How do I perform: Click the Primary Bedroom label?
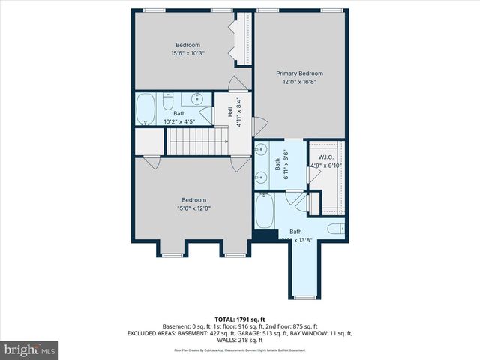pos(299,73)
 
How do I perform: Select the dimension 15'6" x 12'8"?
pos(193,209)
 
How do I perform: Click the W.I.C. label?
pos(326,157)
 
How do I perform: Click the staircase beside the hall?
pos(197,140)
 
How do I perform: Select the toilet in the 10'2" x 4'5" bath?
pos(169,100)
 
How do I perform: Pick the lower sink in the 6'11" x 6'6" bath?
pos(260,178)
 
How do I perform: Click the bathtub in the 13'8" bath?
pos(265,211)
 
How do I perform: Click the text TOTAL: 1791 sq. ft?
pos(240,319)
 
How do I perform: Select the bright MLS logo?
pos(30,349)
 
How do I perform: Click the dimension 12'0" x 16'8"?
pos(299,82)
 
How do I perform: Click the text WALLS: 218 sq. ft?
pos(240,340)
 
